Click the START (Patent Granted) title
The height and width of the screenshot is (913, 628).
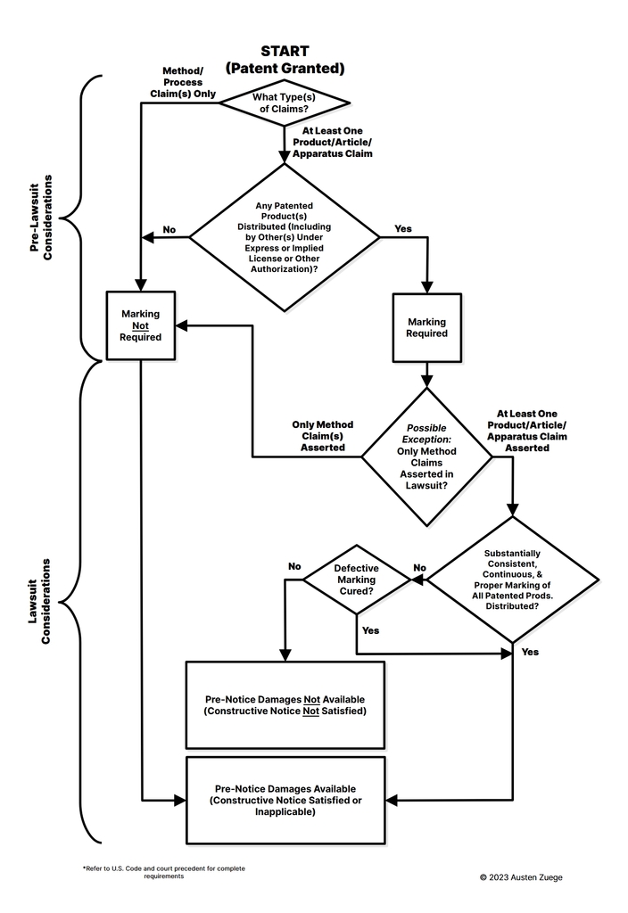pos(284,60)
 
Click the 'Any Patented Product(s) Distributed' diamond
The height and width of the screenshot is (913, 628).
pos(284,237)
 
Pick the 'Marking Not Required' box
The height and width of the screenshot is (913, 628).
pos(140,325)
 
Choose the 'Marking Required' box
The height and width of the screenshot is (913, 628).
pos(426,327)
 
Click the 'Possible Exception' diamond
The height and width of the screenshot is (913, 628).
pos(426,456)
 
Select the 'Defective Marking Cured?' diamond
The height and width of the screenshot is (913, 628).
pos(356,580)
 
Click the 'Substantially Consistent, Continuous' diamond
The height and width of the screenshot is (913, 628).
pos(512,580)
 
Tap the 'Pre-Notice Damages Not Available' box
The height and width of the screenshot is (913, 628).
pos(285,704)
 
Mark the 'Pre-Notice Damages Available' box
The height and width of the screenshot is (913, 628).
pos(285,800)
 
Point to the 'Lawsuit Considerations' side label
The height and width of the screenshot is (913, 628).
pos(39,602)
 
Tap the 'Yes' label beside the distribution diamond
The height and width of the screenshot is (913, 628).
pos(403,229)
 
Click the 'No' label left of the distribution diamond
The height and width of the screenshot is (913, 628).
pos(169,230)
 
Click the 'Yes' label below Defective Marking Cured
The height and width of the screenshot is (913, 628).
pos(370,630)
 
